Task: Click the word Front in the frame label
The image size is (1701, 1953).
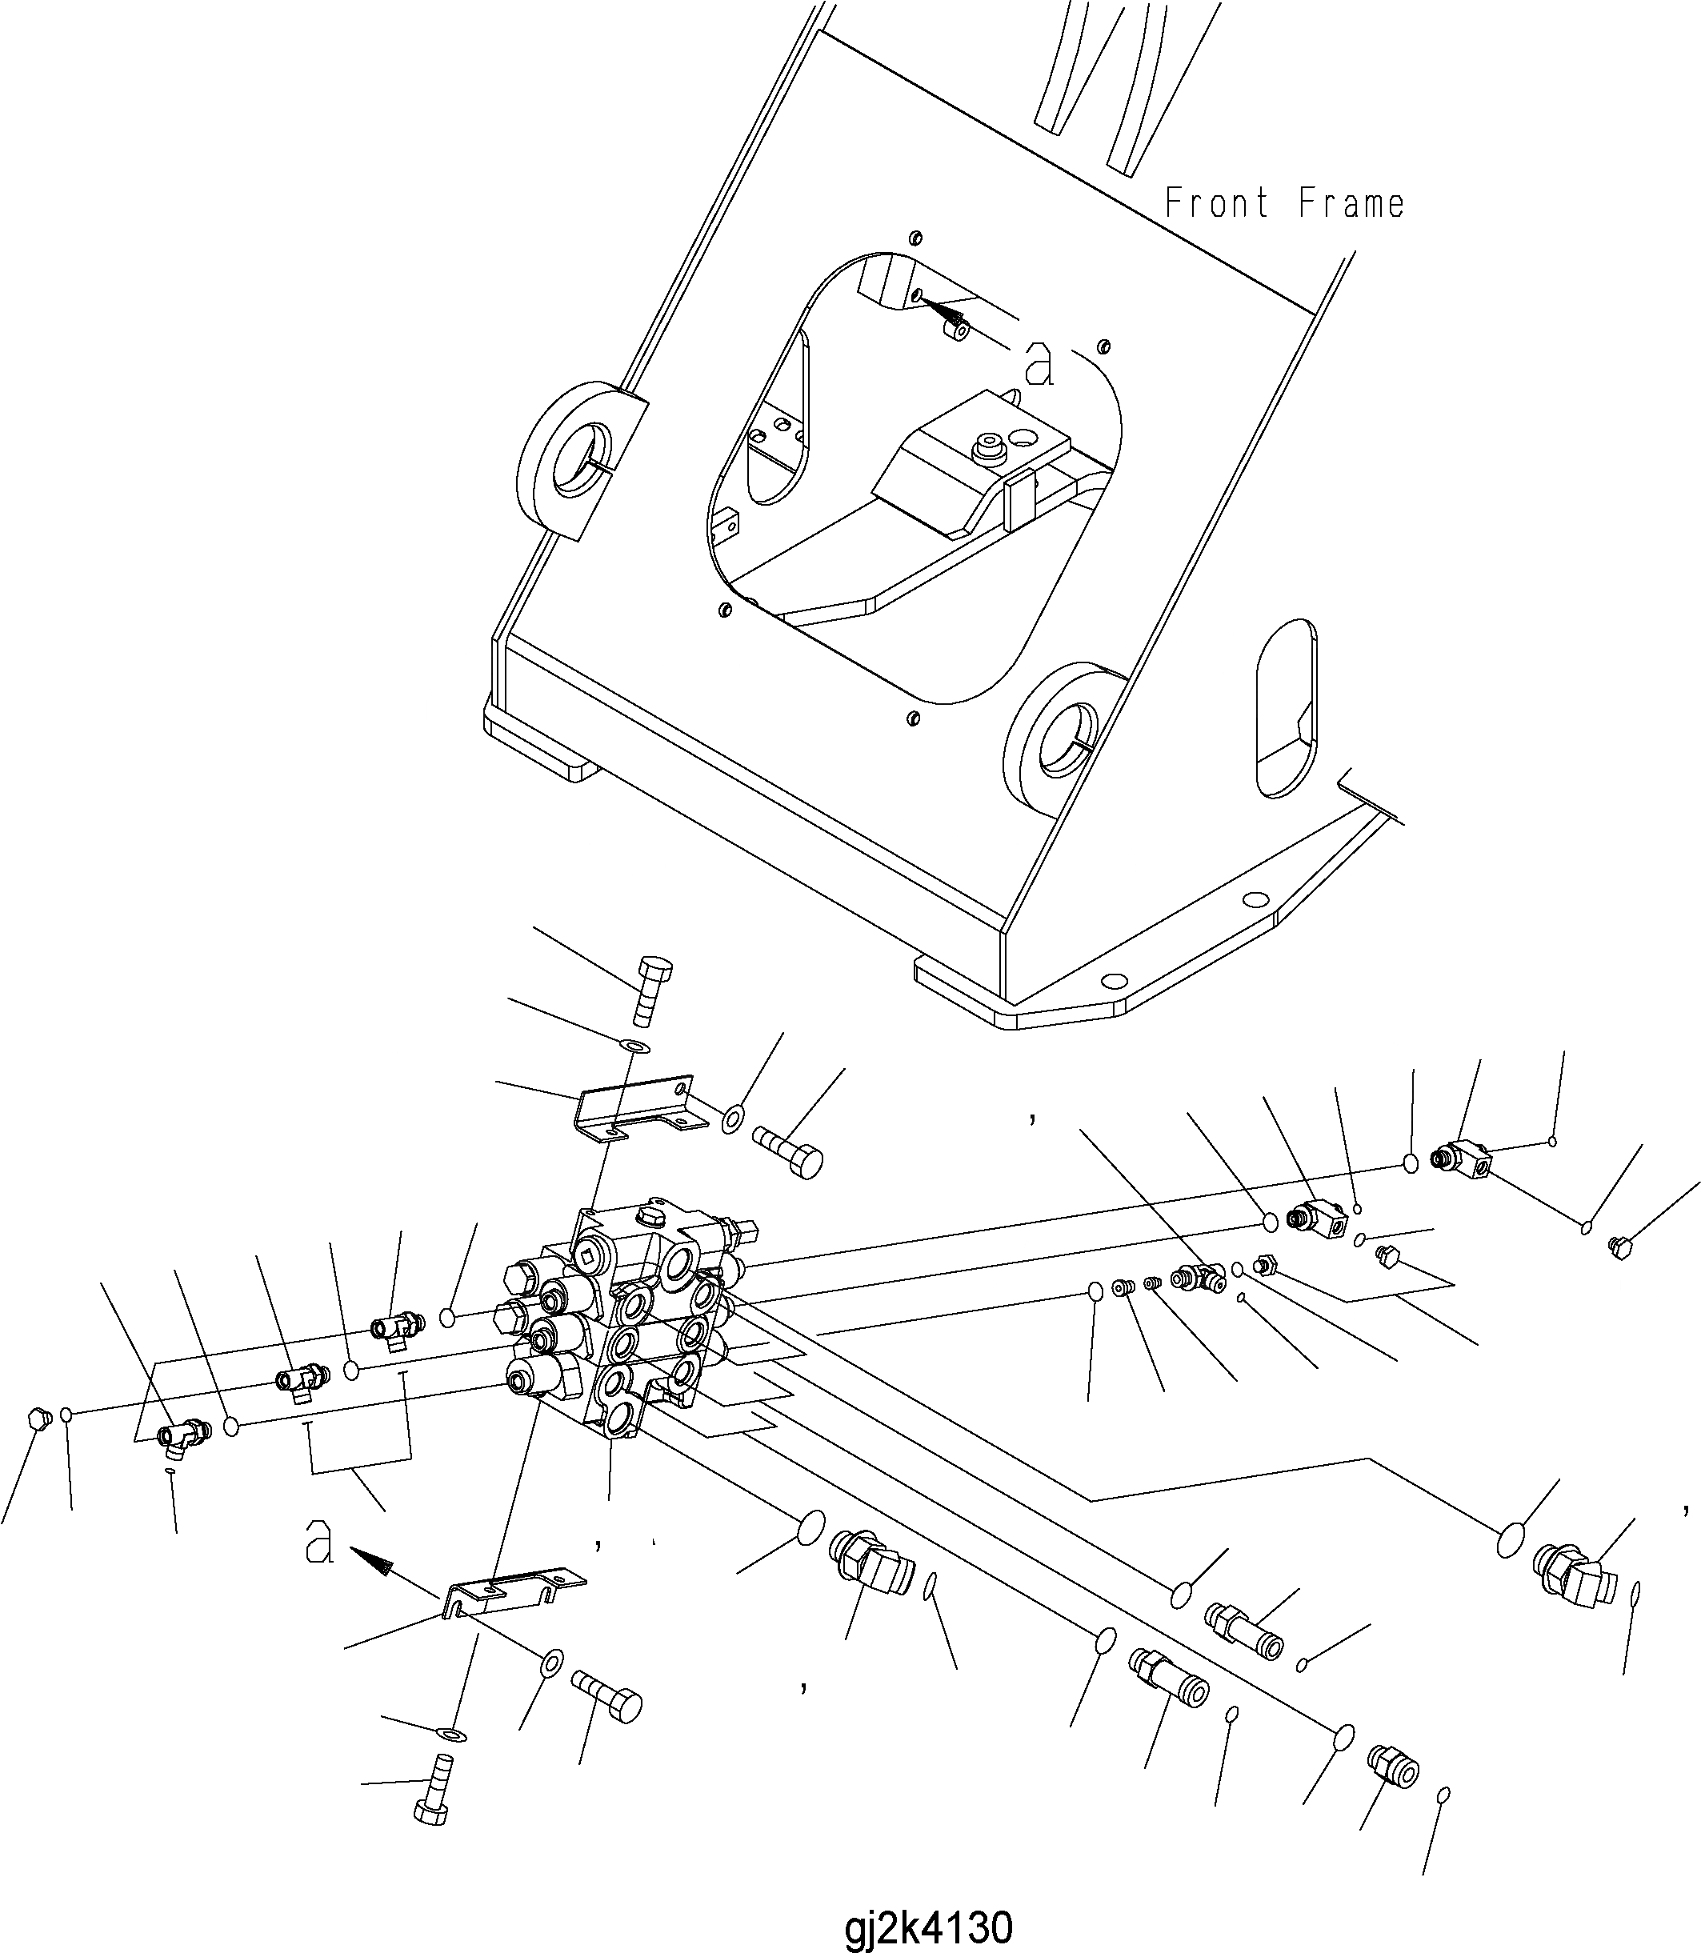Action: click(1216, 203)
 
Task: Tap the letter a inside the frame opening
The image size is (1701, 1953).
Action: click(1039, 363)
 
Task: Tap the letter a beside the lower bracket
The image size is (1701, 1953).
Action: click(319, 1542)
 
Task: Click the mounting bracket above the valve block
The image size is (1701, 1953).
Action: click(636, 1106)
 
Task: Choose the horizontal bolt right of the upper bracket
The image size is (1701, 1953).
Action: click(788, 1151)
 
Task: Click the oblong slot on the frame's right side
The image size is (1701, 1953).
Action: click(1287, 708)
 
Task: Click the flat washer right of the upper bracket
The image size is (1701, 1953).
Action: click(732, 1121)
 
